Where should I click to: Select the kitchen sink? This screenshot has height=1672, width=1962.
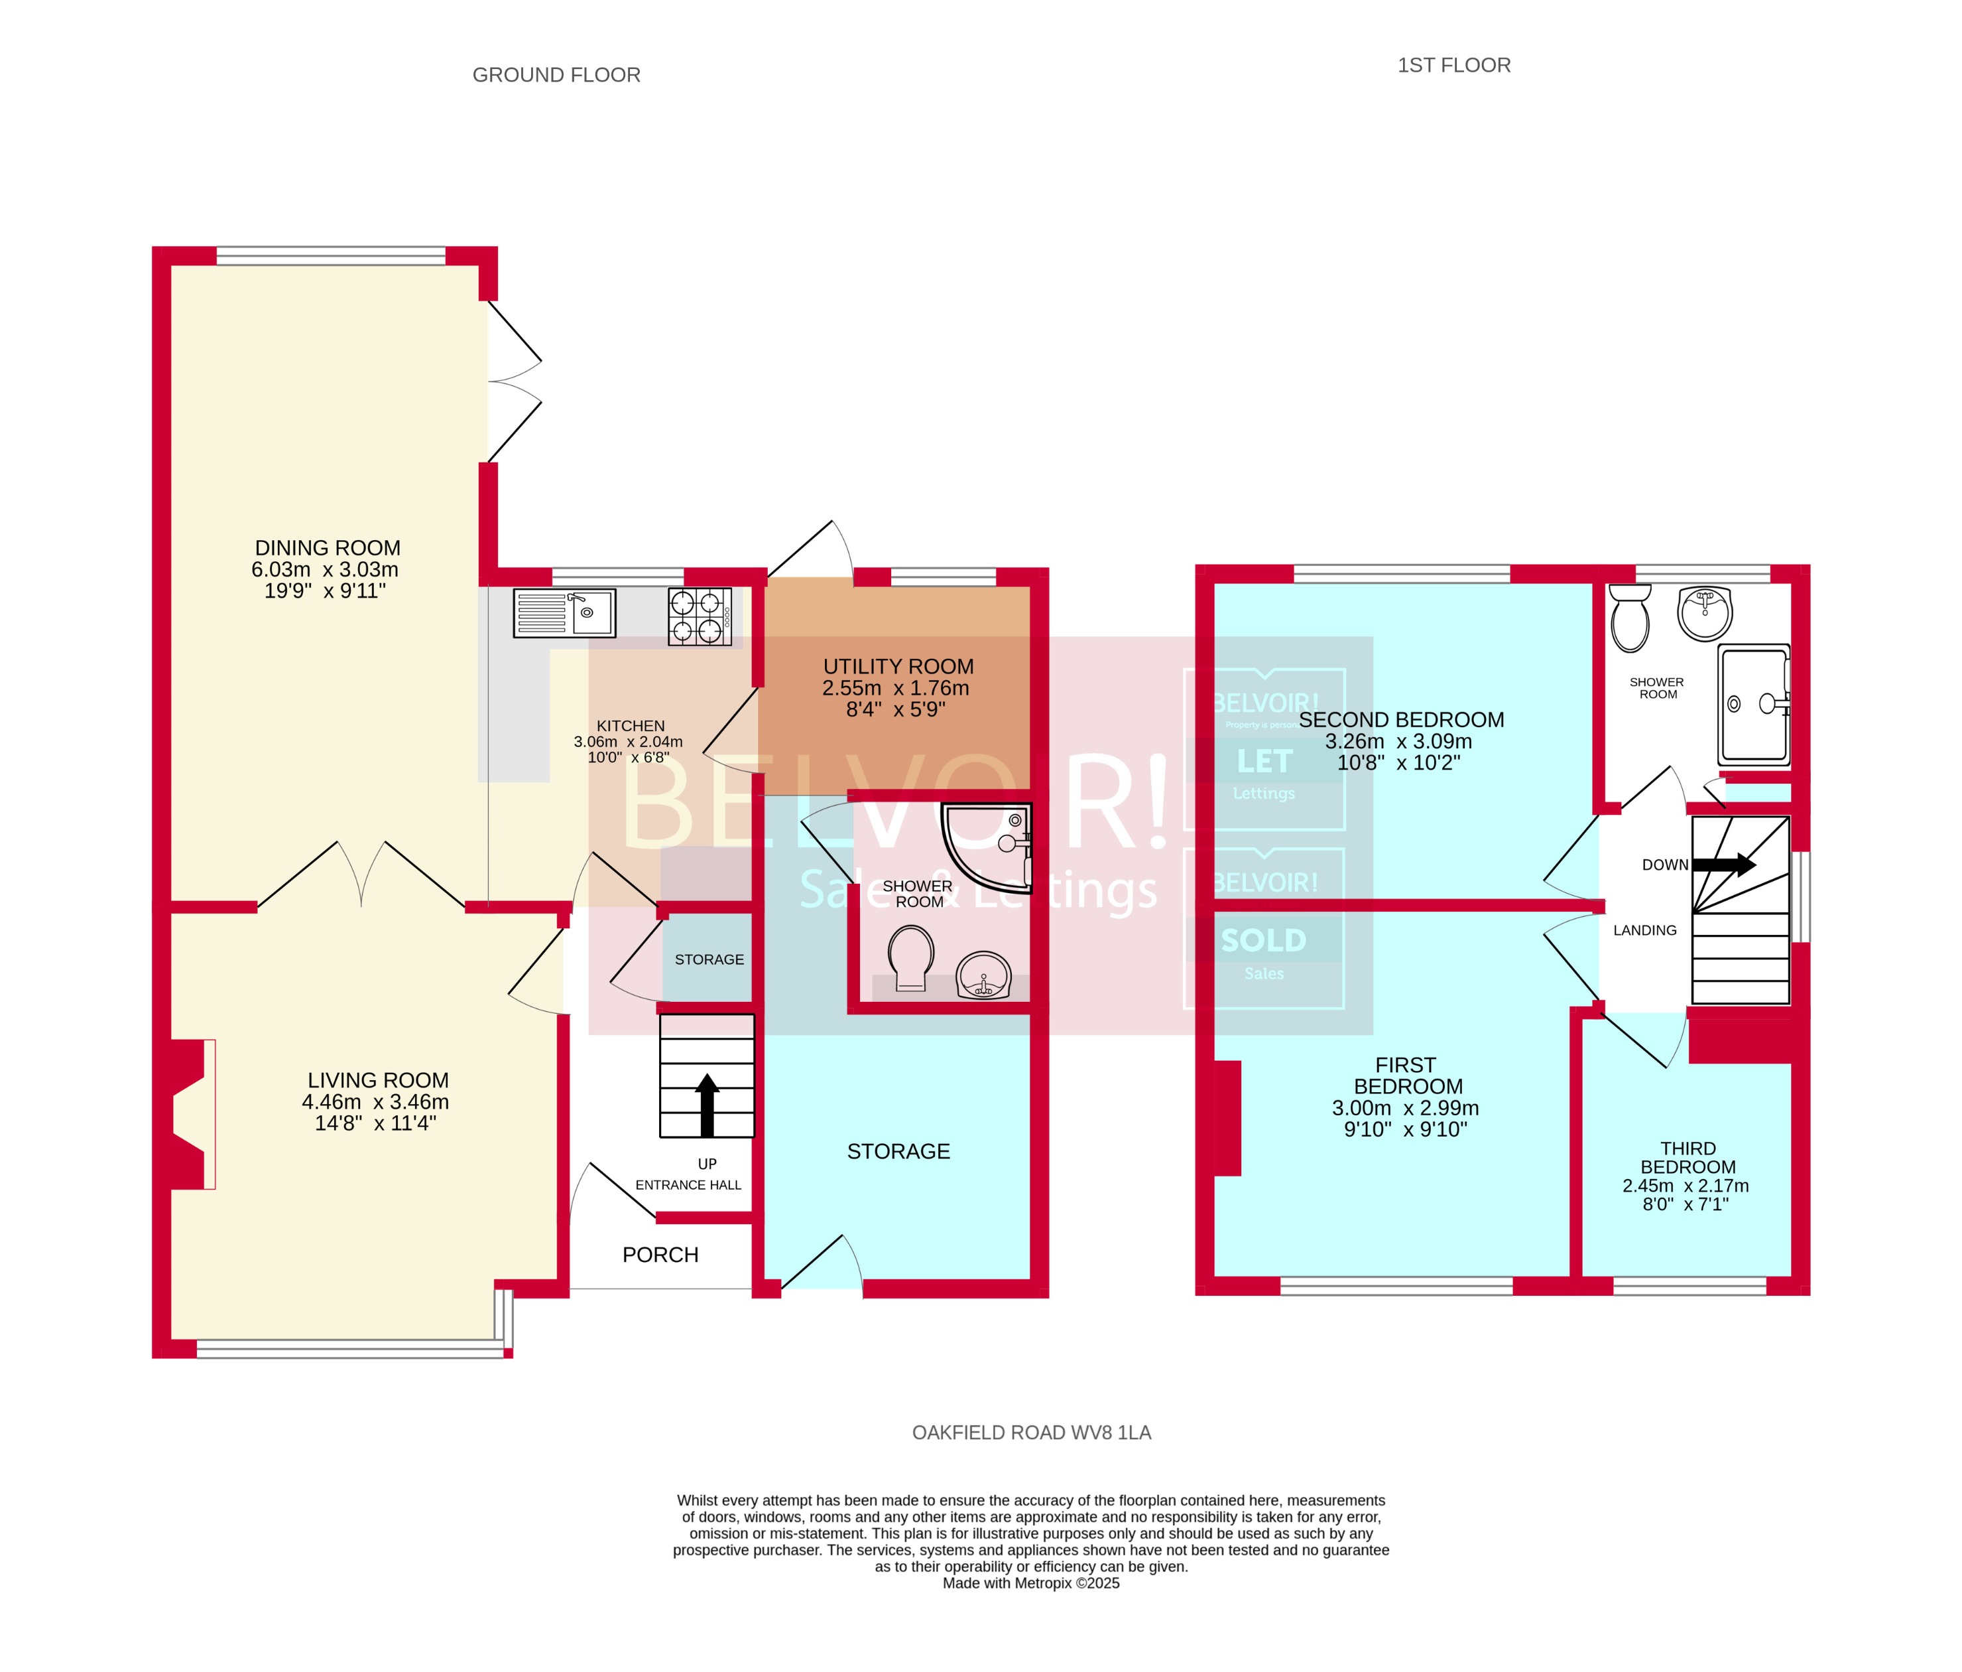click(x=564, y=613)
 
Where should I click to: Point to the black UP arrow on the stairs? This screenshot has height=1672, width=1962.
click(x=706, y=1103)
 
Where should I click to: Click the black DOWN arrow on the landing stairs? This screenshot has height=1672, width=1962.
click(x=1723, y=864)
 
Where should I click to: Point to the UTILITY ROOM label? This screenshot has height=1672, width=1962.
click(x=898, y=666)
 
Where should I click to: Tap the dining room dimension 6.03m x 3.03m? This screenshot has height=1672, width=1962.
click(x=325, y=569)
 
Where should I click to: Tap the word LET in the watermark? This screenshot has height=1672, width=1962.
click(x=1264, y=760)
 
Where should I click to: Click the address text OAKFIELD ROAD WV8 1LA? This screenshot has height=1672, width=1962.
click(x=1031, y=1432)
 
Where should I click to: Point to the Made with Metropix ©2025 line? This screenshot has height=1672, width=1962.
click(x=1030, y=1583)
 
